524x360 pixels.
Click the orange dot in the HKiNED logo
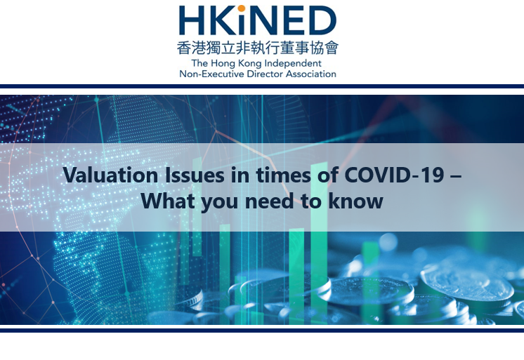click(242, 8)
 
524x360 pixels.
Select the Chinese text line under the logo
click(258, 48)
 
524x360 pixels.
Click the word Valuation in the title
click(110, 175)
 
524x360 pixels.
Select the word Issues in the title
click(195, 175)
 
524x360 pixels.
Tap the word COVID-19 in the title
click(394, 175)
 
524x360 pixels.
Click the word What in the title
click(168, 201)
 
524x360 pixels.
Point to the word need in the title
click(269, 201)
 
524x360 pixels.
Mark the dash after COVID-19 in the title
click(456, 176)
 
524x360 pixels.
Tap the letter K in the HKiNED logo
click(221, 20)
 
